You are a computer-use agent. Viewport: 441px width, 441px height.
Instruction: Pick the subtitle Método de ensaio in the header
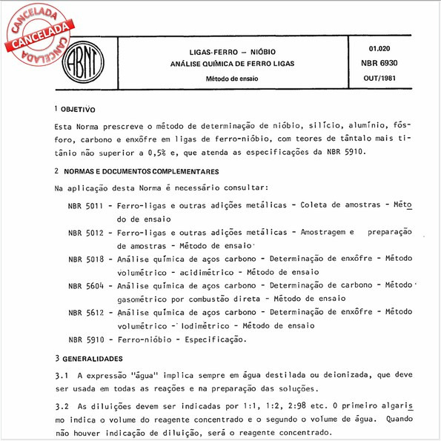[232, 78]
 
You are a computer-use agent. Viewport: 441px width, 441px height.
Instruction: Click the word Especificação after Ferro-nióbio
[209, 339]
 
